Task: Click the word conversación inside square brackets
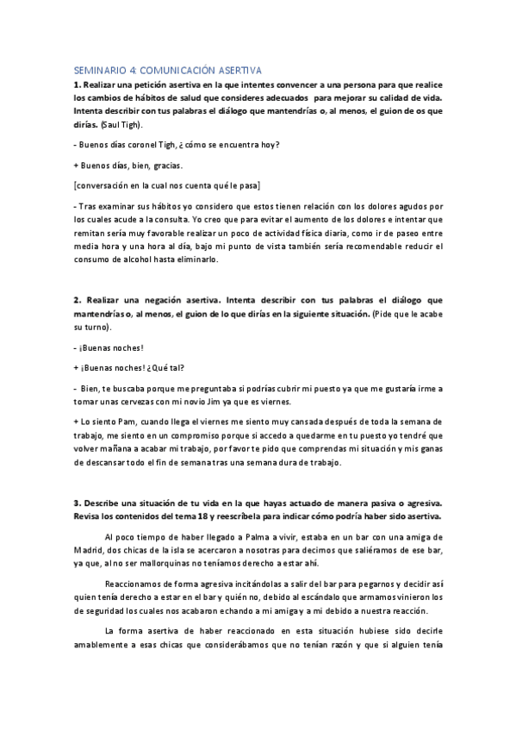point(110,185)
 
